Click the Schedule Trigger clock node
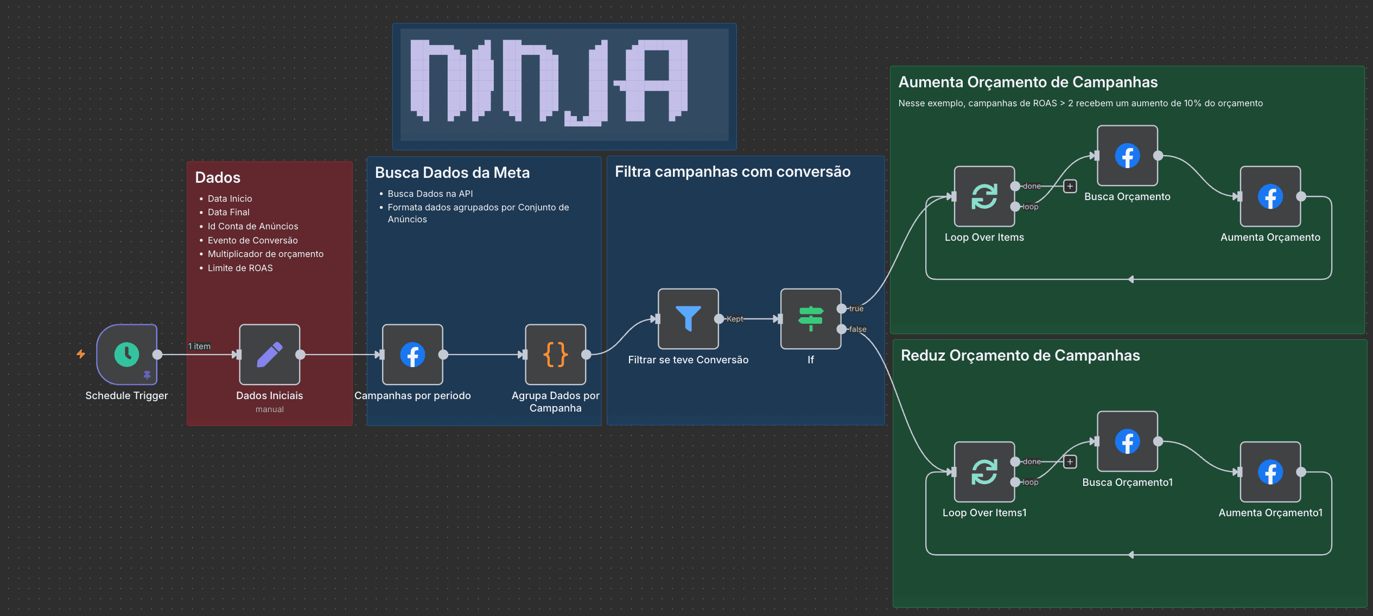click(126, 355)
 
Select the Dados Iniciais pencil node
click(269, 355)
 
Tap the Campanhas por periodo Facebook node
click(412, 355)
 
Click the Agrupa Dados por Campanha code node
click(555, 355)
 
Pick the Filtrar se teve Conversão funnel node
click(688, 319)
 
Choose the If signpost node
click(810, 319)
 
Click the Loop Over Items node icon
click(984, 196)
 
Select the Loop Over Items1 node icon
click(984, 472)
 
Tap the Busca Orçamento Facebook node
click(1127, 156)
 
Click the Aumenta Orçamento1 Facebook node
click(1270, 472)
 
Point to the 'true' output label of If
click(856, 309)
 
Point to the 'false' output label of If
click(857, 329)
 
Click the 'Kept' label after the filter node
click(735, 319)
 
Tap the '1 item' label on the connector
click(199, 346)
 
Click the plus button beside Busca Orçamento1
click(1070, 461)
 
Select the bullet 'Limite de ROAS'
click(240, 268)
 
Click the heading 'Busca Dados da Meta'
click(452, 172)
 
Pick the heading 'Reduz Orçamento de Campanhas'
click(1020, 355)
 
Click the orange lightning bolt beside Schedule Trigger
click(81, 354)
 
